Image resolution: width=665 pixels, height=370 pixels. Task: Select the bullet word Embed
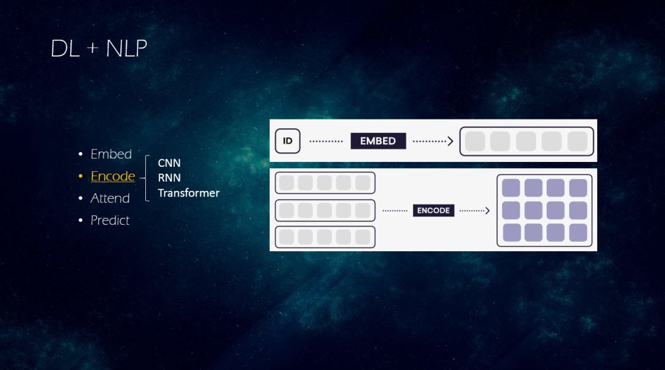(x=111, y=154)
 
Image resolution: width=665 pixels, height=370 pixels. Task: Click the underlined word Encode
(x=113, y=176)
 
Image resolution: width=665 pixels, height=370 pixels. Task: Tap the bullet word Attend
(x=110, y=198)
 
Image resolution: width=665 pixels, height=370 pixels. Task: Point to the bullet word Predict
(x=110, y=220)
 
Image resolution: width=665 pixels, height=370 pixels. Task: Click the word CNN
(x=169, y=163)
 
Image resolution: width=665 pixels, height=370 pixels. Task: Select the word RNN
(x=169, y=178)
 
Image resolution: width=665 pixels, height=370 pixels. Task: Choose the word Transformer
(x=188, y=193)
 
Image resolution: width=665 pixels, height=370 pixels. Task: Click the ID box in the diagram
(x=288, y=141)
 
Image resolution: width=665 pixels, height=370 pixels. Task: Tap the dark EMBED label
(x=378, y=141)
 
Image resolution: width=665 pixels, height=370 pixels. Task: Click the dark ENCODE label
(x=433, y=211)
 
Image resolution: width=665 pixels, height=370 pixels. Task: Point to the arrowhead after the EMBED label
(x=450, y=141)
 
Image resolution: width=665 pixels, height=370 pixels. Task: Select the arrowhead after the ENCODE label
(x=487, y=211)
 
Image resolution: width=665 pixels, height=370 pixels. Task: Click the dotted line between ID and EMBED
(x=326, y=141)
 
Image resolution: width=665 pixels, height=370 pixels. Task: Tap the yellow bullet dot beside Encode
(x=80, y=176)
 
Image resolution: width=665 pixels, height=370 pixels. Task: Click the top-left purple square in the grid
(x=511, y=188)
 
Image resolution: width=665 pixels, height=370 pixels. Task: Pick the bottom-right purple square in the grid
(x=578, y=233)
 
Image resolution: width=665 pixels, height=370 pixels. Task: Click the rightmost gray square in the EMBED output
(x=578, y=141)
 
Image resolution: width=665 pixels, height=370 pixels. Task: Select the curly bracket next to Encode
(x=146, y=178)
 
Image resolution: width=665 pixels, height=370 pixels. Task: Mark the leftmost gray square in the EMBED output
(x=475, y=141)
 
